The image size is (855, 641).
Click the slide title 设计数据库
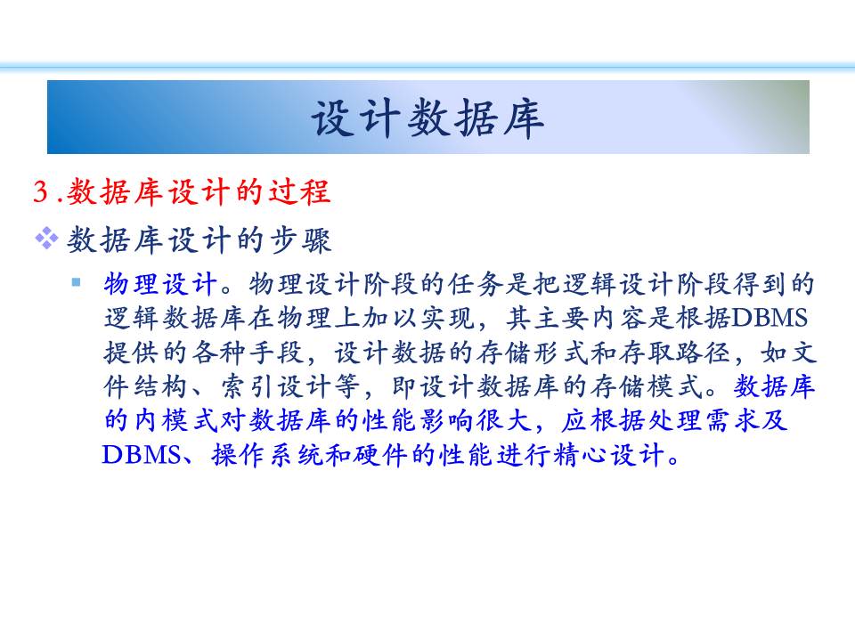(427, 118)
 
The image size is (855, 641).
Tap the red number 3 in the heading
(41, 192)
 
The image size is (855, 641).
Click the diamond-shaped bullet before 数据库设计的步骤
(46, 239)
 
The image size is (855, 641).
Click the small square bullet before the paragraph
(76, 282)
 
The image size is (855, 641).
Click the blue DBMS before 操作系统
(141, 455)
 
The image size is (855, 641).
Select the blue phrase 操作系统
(268, 455)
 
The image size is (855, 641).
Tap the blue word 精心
(580, 455)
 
